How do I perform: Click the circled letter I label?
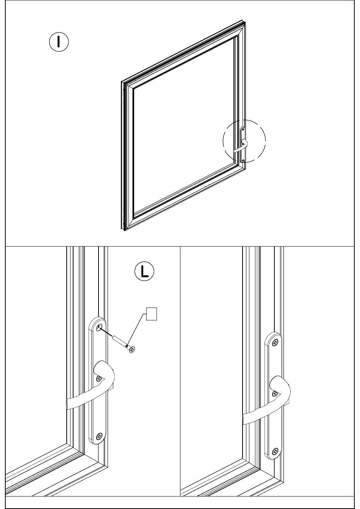pos(59,42)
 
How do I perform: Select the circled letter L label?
pos(144,271)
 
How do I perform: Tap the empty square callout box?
pos(152,314)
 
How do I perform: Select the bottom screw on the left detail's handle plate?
pos(99,436)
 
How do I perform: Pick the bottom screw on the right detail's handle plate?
pos(275,451)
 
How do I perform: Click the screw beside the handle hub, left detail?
pos(99,378)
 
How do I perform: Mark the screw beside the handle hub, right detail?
pos(274,393)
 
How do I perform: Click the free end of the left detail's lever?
pos(69,404)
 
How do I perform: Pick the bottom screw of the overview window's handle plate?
pos(243,161)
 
